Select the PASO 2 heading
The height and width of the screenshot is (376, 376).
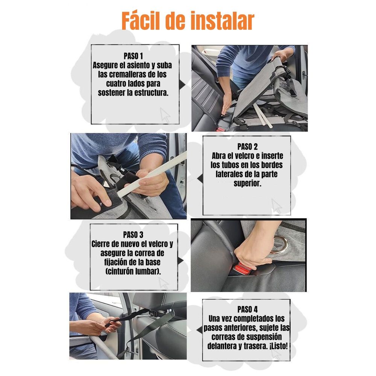247,146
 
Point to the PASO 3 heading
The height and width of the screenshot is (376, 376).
133,235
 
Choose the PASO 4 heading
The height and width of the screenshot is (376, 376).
247,309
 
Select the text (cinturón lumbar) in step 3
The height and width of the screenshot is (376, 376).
132,271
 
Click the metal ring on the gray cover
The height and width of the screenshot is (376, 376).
279,244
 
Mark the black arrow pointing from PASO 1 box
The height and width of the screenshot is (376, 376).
182,85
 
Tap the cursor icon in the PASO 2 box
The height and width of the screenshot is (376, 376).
276,206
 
